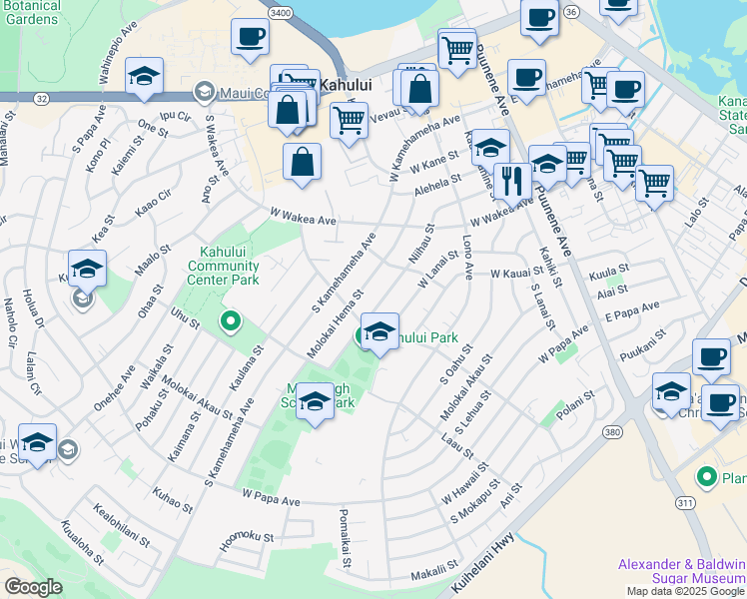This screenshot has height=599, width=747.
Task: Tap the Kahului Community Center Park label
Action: [x=224, y=266]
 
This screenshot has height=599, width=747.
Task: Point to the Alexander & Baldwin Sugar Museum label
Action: [x=681, y=571]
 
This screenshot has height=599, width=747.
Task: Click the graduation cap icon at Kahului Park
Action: [x=379, y=331]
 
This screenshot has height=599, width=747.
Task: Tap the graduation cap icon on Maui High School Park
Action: [x=316, y=402]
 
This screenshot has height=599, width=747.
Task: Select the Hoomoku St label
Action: [x=247, y=536]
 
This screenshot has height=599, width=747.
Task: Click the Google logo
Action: [x=33, y=587]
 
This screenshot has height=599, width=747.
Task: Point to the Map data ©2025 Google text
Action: [x=685, y=591]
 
